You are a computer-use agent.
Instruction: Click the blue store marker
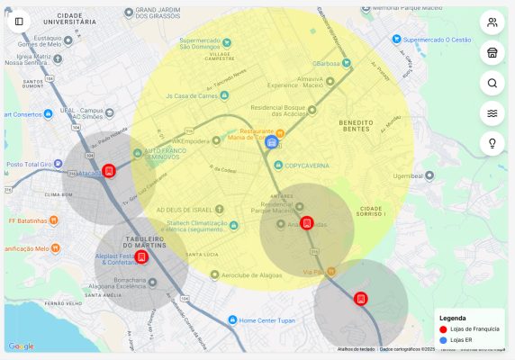[271, 143]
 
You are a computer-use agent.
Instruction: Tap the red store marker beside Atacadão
[109, 170]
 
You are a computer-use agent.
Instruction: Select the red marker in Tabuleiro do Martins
[141, 257]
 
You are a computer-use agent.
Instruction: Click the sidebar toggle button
[19, 21]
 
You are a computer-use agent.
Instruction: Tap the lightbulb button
[492, 143]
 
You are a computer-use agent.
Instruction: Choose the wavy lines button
[492, 113]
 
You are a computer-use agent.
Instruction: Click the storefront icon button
[492, 53]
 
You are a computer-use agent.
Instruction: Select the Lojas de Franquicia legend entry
[469, 329]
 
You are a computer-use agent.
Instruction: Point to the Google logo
[21, 346]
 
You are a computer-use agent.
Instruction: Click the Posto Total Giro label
[31, 165]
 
